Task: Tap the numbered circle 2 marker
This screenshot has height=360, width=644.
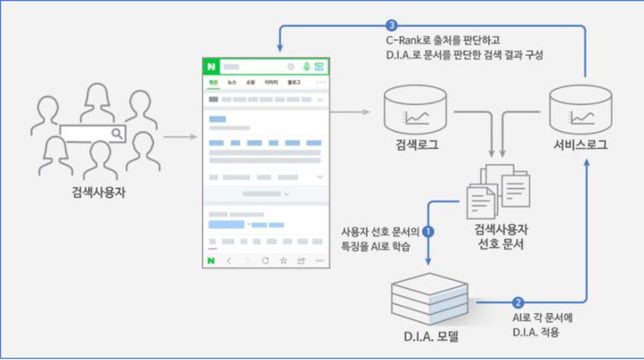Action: [518, 303]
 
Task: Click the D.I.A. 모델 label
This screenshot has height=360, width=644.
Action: [430, 337]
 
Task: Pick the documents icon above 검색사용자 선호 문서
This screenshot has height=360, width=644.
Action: [498, 190]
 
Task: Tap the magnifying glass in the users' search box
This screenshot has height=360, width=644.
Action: [117, 133]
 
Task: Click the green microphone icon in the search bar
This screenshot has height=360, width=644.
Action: [307, 66]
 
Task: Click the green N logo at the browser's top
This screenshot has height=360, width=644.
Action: [211, 66]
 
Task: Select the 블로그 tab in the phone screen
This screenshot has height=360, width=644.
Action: [294, 83]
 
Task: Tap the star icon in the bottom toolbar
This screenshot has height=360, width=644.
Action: [283, 260]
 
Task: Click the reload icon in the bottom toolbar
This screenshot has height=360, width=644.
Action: [265, 260]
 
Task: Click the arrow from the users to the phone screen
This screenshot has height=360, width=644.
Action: [180, 137]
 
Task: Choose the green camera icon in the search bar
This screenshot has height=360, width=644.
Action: [319, 66]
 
